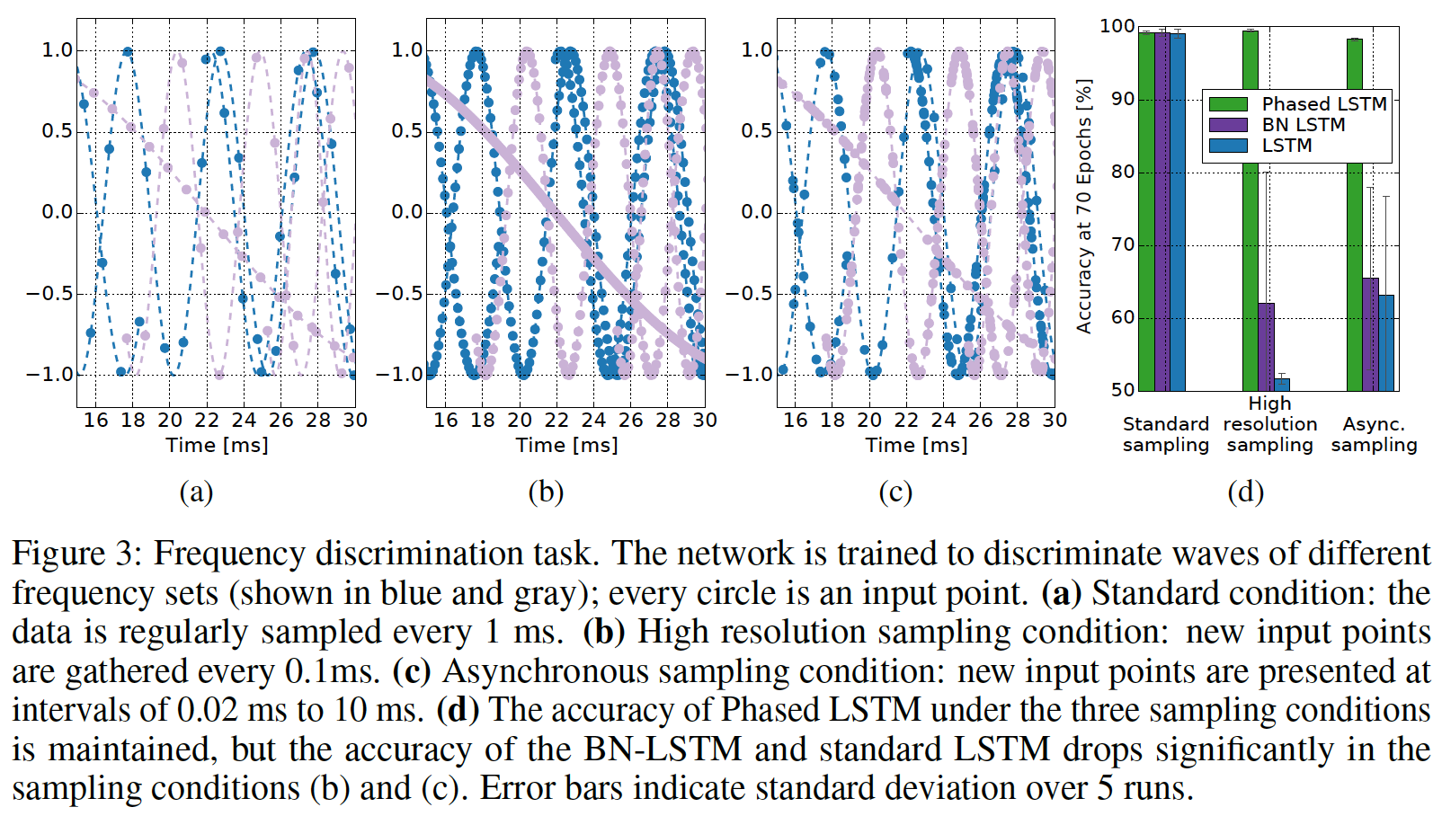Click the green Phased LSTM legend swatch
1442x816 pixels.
[x=1227, y=104]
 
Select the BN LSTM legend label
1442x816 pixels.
[x=1303, y=125]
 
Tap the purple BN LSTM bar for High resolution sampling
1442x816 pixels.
[x=1266, y=347]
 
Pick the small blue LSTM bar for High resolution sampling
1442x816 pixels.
[x=1282, y=385]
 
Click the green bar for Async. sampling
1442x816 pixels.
[x=1354, y=216]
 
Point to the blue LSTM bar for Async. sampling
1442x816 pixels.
[x=1386, y=342]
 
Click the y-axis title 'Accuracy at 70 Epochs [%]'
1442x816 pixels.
[x=1084, y=207]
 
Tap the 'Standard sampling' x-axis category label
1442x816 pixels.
[x=1165, y=434]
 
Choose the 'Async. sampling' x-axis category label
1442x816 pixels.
[x=1374, y=434]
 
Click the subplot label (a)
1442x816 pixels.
[x=196, y=492]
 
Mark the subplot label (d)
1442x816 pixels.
[x=1245, y=492]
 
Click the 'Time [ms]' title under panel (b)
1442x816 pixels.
[x=566, y=445]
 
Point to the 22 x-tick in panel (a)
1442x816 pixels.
[x=207, y=420]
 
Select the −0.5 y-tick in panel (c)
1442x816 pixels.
[x=750, y=293]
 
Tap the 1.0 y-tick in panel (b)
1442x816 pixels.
[x=407, y=50]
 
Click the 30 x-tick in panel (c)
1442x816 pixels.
[x=1055, y=420]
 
